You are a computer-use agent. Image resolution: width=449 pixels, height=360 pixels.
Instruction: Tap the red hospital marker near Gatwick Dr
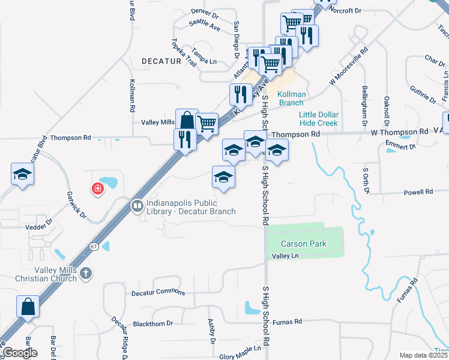tap(97, 190)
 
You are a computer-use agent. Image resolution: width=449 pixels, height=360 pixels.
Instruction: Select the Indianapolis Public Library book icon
tap(137, 206)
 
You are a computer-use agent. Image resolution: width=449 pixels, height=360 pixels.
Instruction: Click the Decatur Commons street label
tap(158, 293)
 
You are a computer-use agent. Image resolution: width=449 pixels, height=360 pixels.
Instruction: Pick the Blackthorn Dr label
tap(152, 323)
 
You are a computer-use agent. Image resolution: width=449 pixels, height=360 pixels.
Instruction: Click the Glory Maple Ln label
tap(241, 348)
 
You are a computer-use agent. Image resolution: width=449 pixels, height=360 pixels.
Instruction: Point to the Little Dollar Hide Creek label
tap(319, 119)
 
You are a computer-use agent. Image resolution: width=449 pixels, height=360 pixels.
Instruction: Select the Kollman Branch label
tap(292, 98)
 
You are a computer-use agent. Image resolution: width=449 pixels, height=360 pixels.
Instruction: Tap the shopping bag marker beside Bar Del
tap(28, 307)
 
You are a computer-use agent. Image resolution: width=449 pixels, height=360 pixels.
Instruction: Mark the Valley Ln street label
tap(285, 256)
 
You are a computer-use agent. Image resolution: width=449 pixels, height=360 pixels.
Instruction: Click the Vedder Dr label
tap(40, 227)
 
